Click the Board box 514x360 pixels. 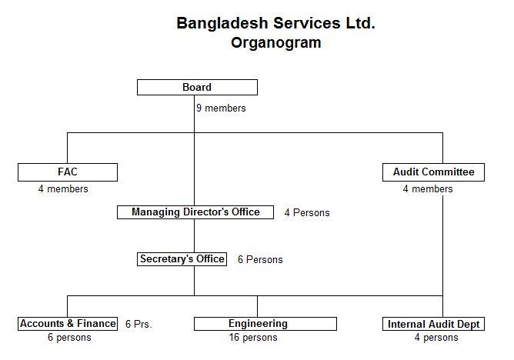197,88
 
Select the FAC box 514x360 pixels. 68,172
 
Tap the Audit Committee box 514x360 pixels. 433,172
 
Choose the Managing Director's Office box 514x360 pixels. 195,212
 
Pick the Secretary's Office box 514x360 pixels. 182,259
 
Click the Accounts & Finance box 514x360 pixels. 68,324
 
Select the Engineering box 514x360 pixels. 265,324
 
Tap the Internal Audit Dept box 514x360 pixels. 433,324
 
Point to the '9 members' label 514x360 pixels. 221,108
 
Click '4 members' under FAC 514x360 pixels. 63,189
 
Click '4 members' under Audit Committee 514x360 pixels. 428,189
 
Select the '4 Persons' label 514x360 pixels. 307,212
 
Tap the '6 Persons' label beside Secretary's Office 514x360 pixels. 260,259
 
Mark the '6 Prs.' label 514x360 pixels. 139,325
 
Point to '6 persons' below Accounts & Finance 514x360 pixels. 69,338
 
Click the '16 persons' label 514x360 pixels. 253,338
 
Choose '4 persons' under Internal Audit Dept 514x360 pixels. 436,338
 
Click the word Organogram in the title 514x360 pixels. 276,43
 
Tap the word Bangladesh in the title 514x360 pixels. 222,24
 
